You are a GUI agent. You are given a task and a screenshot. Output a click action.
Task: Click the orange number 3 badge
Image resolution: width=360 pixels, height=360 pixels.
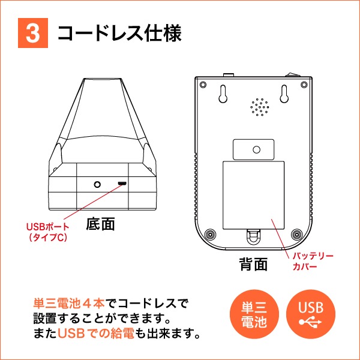click(x=33, y=33)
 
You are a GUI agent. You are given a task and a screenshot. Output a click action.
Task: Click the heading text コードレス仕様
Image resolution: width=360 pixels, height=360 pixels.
click(x=119, y=33)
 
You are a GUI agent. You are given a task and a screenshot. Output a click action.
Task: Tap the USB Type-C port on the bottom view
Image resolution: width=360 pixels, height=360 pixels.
click(x=122, y=184)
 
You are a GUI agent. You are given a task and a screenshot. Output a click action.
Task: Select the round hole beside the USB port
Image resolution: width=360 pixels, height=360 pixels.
click(x=97, y=184)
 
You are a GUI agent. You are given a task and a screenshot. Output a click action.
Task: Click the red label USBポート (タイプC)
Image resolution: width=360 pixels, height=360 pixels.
click(x=48, y=232)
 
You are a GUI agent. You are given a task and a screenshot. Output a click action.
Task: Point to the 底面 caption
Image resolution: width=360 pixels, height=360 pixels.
click(x=101, y=224)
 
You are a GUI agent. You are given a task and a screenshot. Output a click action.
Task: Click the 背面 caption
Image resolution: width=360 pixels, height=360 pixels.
click(x=253, y=264)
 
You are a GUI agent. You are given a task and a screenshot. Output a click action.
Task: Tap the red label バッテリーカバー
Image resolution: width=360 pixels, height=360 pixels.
click(x=313, y=261)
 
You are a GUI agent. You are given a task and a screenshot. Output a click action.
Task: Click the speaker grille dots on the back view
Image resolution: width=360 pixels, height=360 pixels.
click(x=260, y=107)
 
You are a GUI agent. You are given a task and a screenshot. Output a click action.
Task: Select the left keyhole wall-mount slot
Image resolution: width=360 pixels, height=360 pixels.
click(x=223, y=94)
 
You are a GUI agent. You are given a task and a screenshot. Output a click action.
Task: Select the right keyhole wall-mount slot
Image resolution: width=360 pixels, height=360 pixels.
click(x=284, y=94)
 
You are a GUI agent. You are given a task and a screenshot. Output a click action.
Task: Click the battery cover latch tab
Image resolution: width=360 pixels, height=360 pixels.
click(x=253, y=236)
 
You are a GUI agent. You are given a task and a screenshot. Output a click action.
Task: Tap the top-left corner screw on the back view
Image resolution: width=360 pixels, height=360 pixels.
click(x=203, y=85)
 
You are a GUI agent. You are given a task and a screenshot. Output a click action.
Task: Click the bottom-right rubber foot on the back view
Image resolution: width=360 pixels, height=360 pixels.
click(x=297, y=235)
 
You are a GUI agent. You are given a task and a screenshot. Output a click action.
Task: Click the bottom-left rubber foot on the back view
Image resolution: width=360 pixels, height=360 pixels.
click(x=210, y=235)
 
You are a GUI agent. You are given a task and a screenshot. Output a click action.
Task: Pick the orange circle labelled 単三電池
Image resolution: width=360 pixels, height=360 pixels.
click(x=254, y=314)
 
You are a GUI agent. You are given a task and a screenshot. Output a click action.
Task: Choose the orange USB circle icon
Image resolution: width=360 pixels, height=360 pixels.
click(x=311, y=314)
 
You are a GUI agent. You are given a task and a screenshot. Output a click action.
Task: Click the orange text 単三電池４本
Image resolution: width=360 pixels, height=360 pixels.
click(x=69, y=304)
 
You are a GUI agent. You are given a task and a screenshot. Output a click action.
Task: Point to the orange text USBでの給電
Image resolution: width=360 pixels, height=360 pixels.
click(x=96, y=334)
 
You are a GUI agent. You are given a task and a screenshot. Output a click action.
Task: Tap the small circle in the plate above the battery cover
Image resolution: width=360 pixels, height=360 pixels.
click(x=256, y=149)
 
